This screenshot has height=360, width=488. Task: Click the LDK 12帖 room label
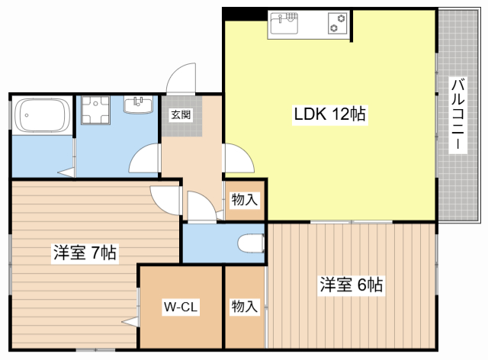click(x=330, y=114)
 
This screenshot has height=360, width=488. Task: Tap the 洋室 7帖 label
click(x=85, y=252)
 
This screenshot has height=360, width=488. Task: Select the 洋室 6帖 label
click(x=352, y=284)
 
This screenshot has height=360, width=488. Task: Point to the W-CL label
click(x=181, y=307)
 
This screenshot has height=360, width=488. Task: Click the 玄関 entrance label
click(x=181, y=114)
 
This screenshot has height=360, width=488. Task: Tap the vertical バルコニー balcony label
click(x=457, y=114)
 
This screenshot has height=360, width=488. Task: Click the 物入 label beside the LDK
click(x=245, y=200)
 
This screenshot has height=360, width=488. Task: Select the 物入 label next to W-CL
click(x=245, y=307)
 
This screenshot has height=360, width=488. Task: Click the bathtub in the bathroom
click(x=43, y=115)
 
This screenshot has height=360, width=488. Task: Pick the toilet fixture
click(x=251, y=243)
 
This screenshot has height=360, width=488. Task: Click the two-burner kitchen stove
click(x=338, y=24)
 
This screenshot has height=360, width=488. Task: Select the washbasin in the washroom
click(x=138, y=104)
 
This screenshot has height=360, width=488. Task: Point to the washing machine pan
click(x=95, y=111)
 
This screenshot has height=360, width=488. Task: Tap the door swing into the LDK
click(x=239, y=158)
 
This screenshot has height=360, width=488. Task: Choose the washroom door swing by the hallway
click(x=144, y=158)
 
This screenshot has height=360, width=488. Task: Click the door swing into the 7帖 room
click(x=165, y=201)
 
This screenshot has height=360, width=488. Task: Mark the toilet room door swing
click(x=201, y=206)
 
